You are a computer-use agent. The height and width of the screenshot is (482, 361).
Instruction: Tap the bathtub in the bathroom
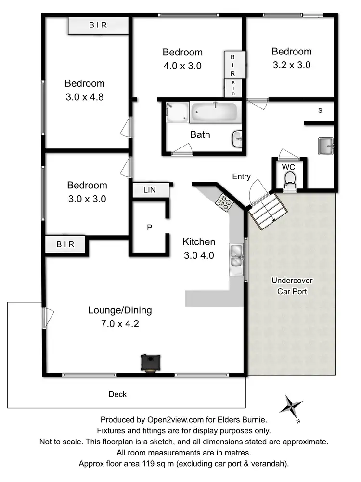(214, 113)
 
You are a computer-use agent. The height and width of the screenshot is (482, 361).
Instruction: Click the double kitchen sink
(236, 255)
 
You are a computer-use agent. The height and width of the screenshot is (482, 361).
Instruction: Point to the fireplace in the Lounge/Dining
(151, 362)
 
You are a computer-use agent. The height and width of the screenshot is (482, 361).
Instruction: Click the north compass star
(291, 406)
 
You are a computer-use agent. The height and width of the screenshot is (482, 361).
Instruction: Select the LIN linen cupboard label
(150, 190)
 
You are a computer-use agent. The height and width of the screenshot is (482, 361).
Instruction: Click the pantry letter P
(150, 227)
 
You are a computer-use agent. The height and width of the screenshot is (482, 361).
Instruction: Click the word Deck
(117, 394)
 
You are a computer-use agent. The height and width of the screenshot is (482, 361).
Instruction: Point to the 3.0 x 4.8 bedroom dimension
(85, 96)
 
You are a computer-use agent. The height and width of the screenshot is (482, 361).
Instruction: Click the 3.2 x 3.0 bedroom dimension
(291, 65)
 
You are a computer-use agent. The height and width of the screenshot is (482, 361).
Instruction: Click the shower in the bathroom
(177, 113)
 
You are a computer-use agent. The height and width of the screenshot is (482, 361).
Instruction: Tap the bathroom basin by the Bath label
(238, 139)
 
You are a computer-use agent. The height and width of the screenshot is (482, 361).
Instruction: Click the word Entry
(241, 177)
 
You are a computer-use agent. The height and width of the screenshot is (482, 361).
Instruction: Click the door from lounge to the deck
(45, 318)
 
